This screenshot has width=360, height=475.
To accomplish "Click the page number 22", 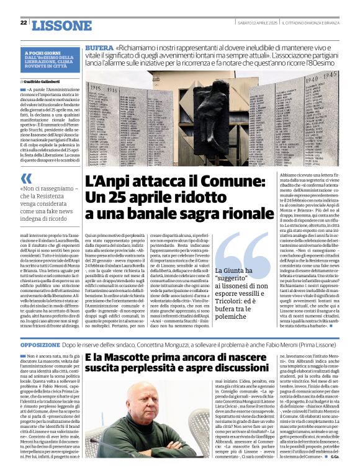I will [x=23, y=23].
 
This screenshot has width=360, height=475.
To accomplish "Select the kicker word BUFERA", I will [x=99, y=48].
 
